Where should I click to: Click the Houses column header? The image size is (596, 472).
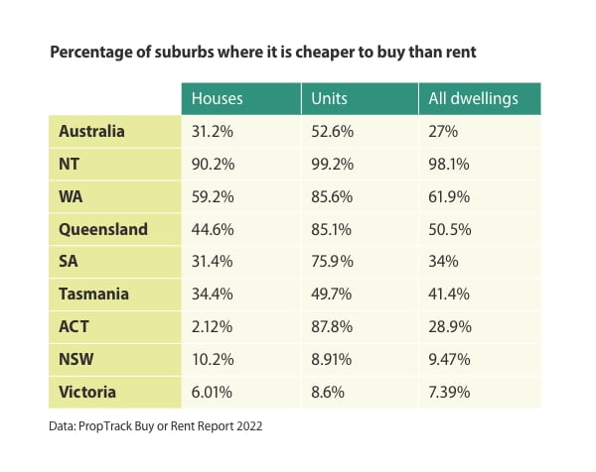[217, 98]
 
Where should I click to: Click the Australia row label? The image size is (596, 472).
[91, 131]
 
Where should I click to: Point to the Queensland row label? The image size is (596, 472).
[103, 229]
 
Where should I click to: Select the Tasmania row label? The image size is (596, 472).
[96, 294]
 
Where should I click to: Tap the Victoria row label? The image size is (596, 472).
[87, 392]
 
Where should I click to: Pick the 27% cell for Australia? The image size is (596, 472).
[443, 131]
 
